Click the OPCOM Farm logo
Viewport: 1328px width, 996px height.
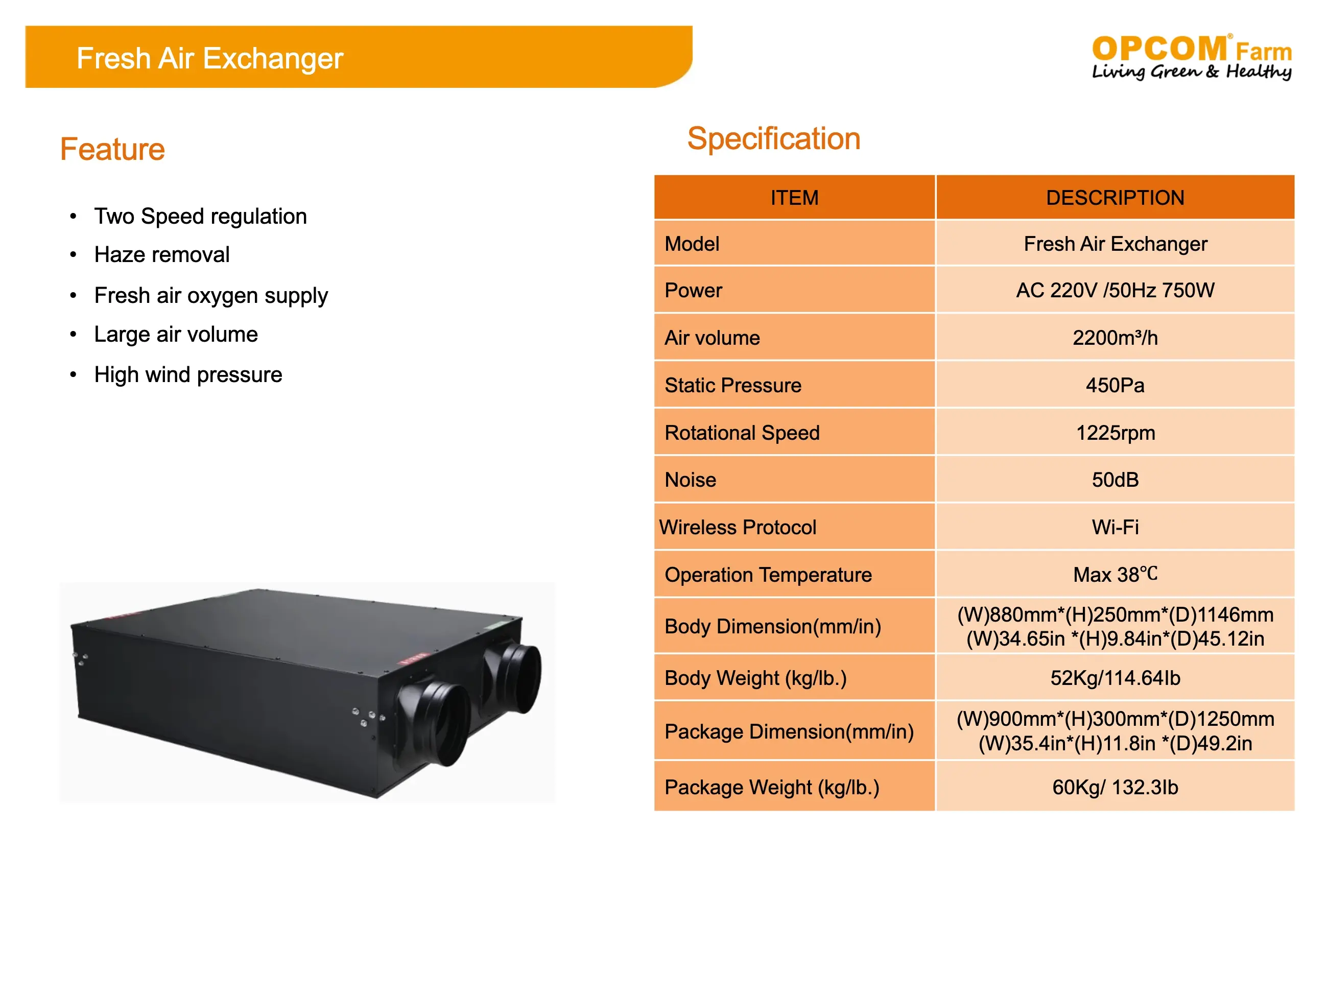[1191, 57]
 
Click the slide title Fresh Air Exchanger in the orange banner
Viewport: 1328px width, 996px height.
[209, 58]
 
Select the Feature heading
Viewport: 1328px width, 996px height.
[112, 149]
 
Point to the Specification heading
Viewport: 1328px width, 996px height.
[773, 139]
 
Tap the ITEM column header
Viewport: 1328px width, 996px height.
[794, 198]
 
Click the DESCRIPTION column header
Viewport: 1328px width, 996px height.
[1115, 198]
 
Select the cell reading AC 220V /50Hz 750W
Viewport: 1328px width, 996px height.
[1115, 290]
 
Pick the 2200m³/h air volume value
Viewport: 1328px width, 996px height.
[1115, 338]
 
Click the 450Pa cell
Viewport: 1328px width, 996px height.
[1115, 385]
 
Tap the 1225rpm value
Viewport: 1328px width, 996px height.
[1115, 432]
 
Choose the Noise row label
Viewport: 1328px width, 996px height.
[691, 480]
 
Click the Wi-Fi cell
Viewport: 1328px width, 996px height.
[1115, 527]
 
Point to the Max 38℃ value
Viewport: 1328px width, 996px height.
[1115, 575]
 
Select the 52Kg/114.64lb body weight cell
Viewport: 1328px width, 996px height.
[1115, 678]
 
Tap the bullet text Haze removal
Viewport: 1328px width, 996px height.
[162, 254]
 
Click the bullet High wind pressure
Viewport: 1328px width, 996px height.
[188, 374]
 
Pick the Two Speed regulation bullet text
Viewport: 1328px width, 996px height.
[201, 216]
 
